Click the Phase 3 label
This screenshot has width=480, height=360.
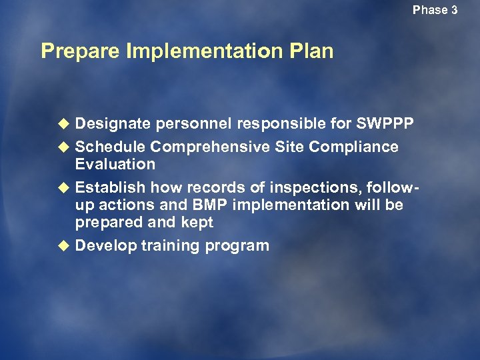pyautogui.click(x=435, y=10)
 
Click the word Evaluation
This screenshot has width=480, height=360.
pyautogui.click(x=115, y=164)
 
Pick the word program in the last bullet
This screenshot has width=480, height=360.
pyautogui.click(x=237, y=246)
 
